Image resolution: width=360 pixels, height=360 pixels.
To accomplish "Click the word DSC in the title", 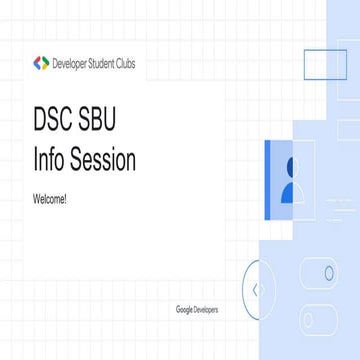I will (x=57, y=125).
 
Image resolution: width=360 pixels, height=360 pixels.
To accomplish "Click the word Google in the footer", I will (x=184, y=310).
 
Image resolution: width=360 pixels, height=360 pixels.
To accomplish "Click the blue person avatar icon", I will (x=288, y=179).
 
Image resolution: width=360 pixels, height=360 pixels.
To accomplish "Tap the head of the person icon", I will (x=291, y=166).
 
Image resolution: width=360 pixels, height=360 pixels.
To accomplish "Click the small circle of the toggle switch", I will (x=329, y=273).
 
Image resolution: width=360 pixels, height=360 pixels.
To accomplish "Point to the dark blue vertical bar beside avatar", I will (x=268, y=179).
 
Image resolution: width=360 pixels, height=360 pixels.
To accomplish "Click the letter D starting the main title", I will (x=41, y=125).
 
